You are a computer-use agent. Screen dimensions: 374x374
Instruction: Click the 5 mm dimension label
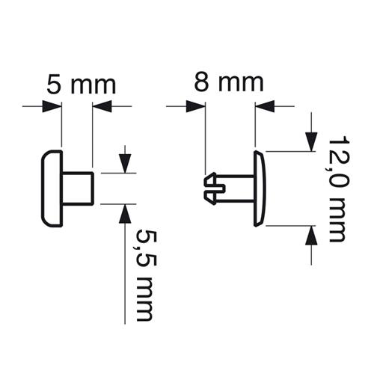click(82, 85)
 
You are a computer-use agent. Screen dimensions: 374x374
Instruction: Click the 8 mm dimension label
click(229, 82)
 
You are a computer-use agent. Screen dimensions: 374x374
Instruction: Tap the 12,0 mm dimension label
click(338, 188)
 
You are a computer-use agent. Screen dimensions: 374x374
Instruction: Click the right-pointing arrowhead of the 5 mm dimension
click(52, 106)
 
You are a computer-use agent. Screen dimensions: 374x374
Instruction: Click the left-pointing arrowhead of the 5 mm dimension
click(102, 106)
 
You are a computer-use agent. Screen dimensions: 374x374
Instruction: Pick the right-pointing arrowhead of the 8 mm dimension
click(196, 106)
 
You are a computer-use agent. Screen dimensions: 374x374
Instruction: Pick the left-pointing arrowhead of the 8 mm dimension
click(265, 106)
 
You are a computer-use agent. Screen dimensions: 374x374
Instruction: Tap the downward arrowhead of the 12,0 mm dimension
click(311, 142)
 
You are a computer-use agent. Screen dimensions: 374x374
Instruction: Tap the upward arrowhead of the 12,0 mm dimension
click(311, 235)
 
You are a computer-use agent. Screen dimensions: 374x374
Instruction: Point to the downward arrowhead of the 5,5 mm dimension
click(125, 164)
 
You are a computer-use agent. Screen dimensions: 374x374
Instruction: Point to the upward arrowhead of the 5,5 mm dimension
click(125, 213)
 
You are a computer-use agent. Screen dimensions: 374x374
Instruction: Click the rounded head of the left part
click(52, 188)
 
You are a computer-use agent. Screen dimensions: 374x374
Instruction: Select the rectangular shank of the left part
click(78, 188)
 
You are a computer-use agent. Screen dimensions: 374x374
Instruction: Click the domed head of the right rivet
click(260, 188)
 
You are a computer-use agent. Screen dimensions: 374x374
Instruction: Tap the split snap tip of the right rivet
click(214, 188)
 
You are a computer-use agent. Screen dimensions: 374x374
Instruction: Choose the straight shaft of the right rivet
click(239, 188)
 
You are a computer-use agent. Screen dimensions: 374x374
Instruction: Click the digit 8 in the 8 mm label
click(201, 82)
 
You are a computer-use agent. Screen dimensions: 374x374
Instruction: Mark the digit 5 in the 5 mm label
click(54, 85)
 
